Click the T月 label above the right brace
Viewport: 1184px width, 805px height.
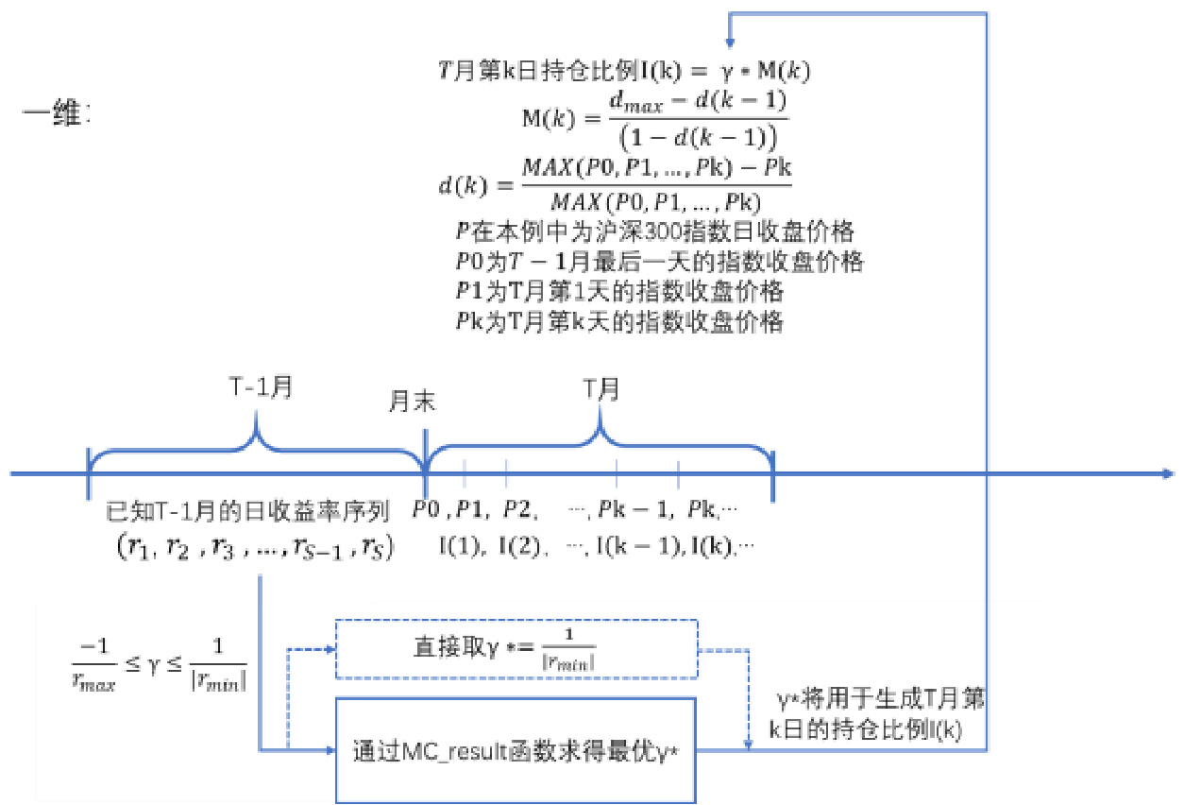tap(598, 388)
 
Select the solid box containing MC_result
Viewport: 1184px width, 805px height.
tap(516, 749)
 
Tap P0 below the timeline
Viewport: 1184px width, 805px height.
tap(426, 511)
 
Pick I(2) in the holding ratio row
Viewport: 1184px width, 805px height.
tap(517, 545)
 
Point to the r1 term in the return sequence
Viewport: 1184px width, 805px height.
tap(138, 548)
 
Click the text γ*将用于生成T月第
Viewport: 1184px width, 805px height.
tap(879, 701)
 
